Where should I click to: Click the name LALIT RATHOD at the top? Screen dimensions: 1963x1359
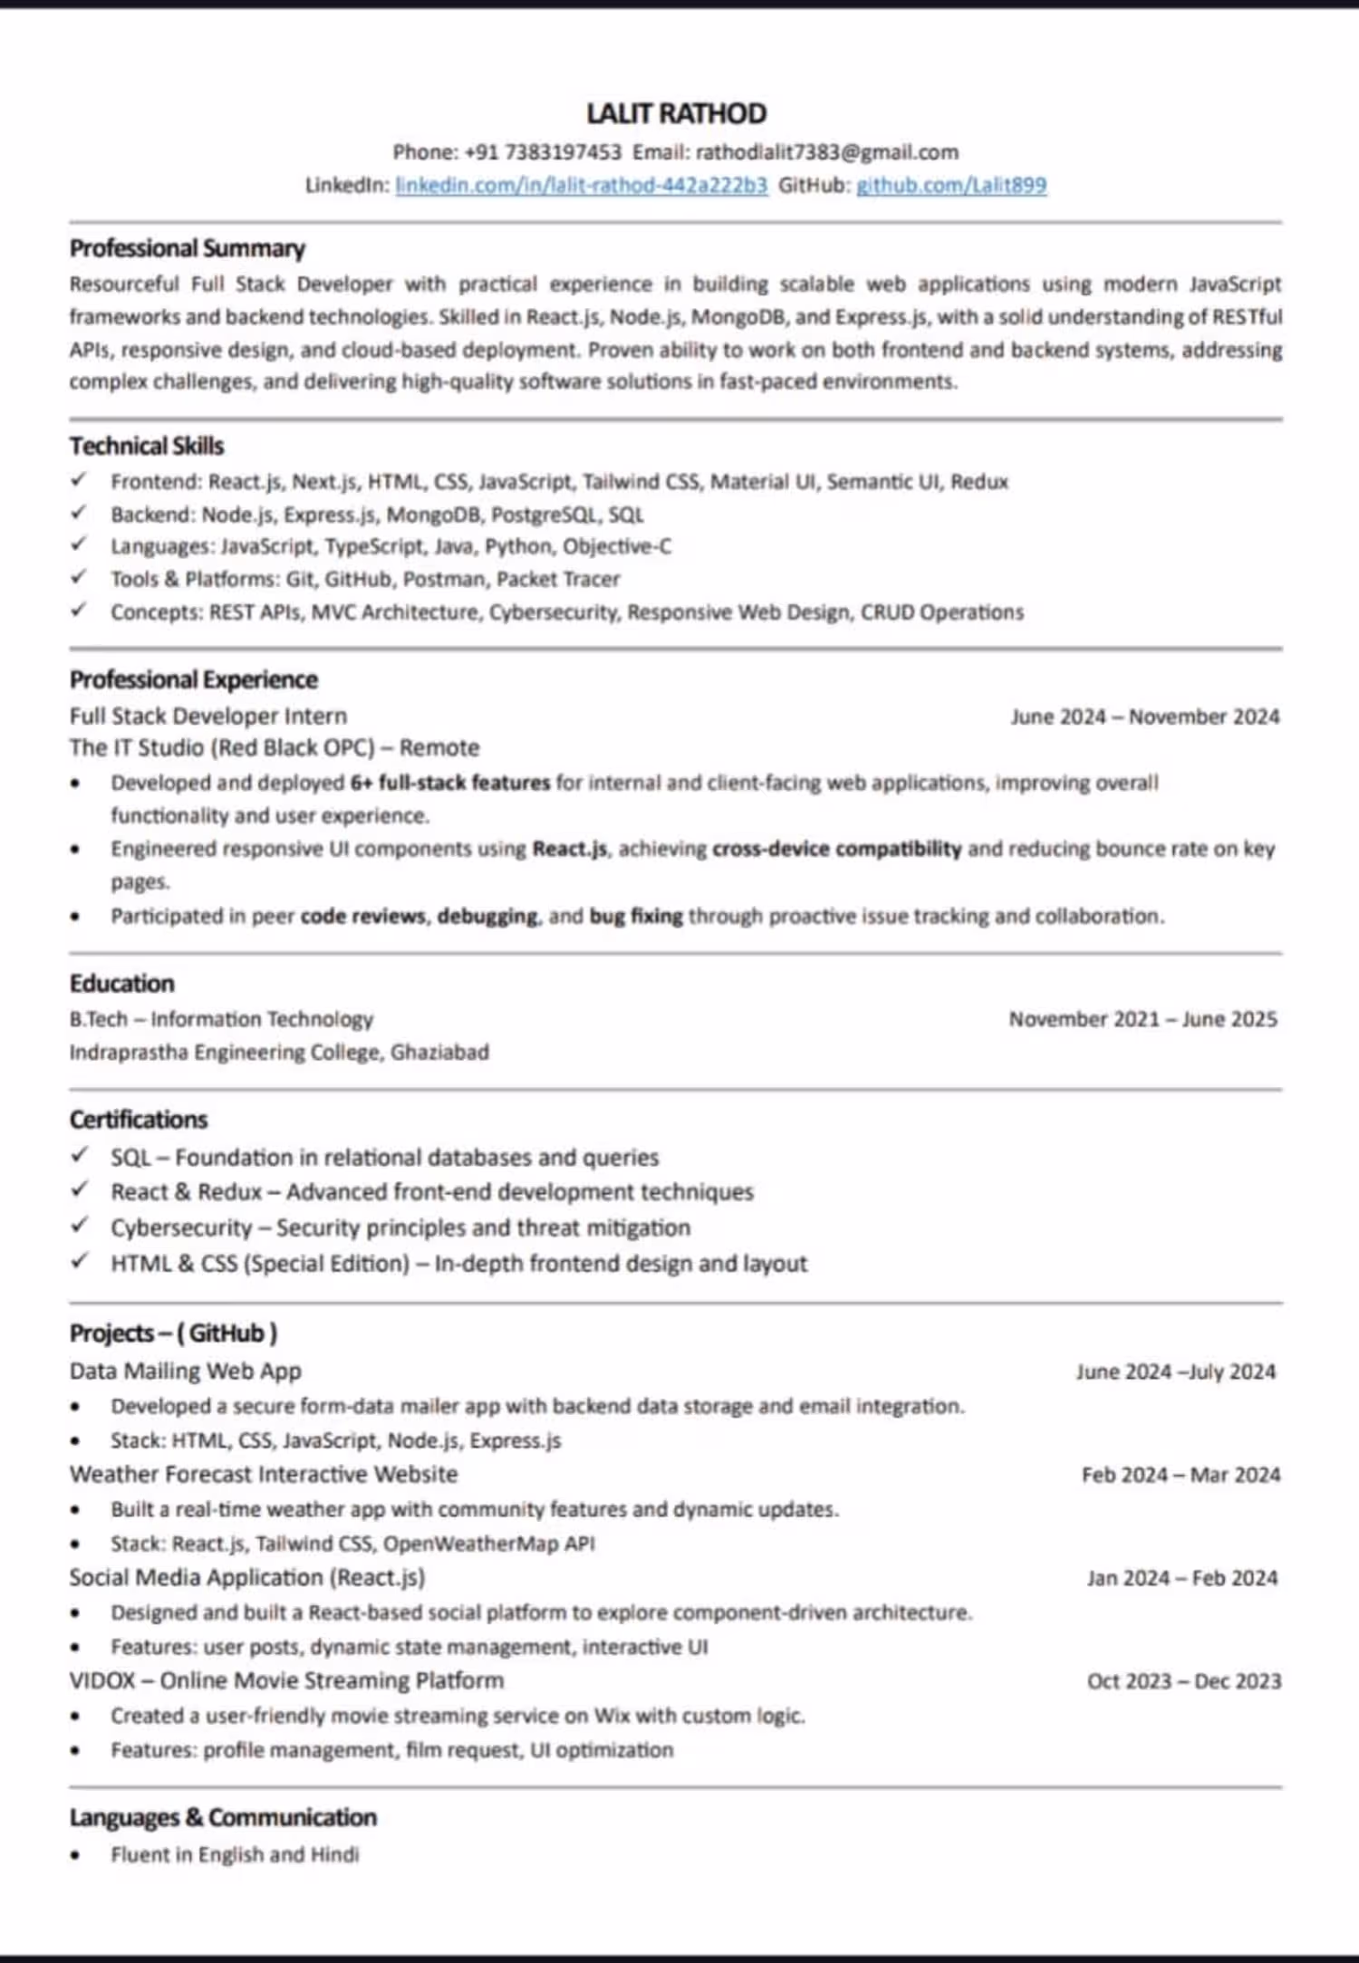click(x=676, y=113)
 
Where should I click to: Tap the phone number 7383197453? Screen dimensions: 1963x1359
click(x=563, y=152)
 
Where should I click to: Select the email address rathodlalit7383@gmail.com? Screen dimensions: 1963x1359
click(x=826, y=152)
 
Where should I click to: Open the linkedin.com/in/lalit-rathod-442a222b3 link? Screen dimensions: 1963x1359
click(x=581, y=185)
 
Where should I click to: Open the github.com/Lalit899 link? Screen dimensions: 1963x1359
click(x=951, y=185)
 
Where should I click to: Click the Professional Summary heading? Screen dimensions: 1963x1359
click(x=188, y=248)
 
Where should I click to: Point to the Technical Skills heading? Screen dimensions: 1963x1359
click(x=147, y=446)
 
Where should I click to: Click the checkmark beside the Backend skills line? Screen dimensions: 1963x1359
click(x=80, y=513)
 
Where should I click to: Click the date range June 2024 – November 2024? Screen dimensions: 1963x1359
click(x=1145, y=717)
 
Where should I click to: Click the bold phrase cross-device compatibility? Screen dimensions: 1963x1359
click(x=836, y=849)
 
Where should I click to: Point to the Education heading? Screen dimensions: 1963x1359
click(x=122, y=984)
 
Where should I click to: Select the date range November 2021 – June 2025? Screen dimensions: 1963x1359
click(x=1143, y=1019)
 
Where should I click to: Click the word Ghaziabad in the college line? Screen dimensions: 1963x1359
click(x=439, y=1052)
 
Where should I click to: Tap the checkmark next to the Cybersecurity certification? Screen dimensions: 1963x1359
click(x=80, y=1226)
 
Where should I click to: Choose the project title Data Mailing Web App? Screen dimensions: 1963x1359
click(x=186, y=1371)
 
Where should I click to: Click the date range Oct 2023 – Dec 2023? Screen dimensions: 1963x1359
click(x=1184, y=1681)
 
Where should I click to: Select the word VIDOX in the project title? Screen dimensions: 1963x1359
click(x=102, y=1680)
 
